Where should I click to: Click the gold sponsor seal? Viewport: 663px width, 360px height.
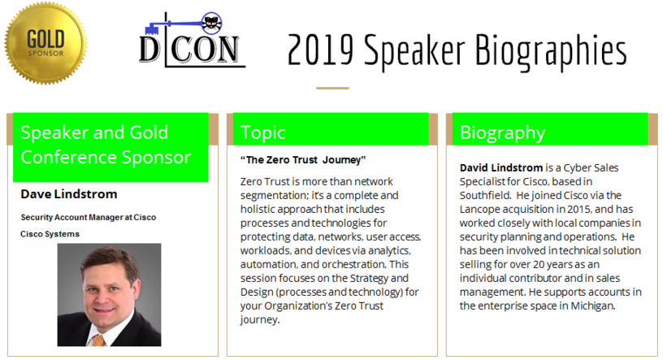coord(45,43)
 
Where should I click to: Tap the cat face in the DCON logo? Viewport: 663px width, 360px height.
coord(211,24)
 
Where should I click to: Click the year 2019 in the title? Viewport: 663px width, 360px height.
coord(320,50)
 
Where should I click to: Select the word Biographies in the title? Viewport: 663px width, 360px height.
coord(551,53)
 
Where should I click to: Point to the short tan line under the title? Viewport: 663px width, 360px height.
coord(332,88)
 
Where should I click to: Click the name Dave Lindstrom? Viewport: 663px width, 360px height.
coord(69,194)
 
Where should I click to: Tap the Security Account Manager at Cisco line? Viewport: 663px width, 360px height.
coord(89,218)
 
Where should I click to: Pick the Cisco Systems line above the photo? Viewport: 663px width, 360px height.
coord(50,234)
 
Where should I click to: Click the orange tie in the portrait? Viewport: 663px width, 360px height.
coord(98,340)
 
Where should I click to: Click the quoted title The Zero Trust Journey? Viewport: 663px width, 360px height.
coord(303,160)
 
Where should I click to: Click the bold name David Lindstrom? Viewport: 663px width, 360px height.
coord(501,168)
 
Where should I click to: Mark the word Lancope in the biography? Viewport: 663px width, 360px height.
coord(480,210)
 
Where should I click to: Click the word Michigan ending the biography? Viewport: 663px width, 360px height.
coord(593,306)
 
